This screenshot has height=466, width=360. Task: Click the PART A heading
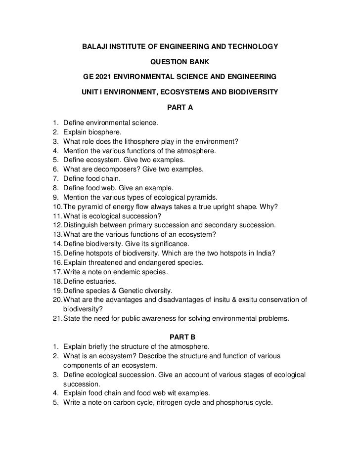click(x=180, y=107)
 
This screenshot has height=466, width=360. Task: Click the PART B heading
click(x=180, y=337)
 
